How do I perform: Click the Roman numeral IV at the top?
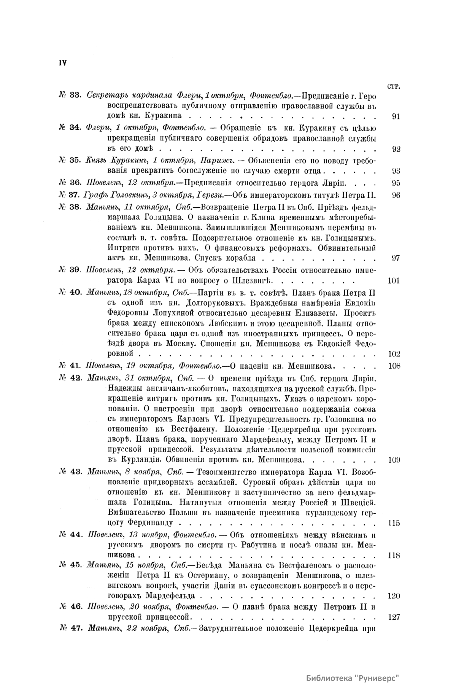pyautogui.click(x=62, y=63)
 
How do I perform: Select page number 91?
pyautogui.click(x=396, y=117)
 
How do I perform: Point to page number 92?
pyautogui.click(x=396, y=149)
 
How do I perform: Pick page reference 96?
pyautogui.click(x=396, y=196)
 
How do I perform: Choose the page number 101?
pyautogui.click(x=394, y=282)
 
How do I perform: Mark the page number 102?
pyautogui.click(x=394, y=354)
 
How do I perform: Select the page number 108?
pyautogui.click(x=394, y=366)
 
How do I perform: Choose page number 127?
pyautogui.click(x=394, y=617)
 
